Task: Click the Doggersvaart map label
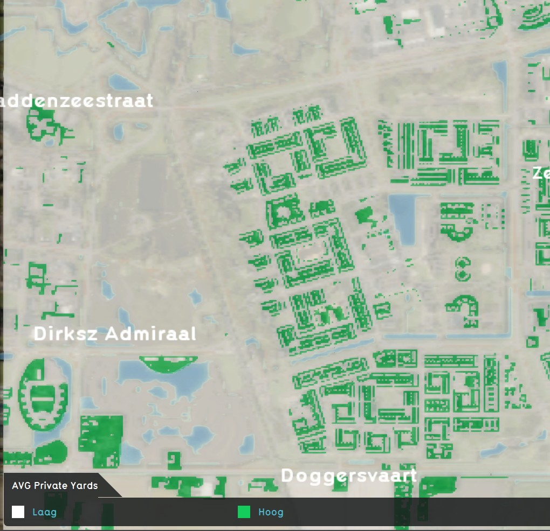[349, 476]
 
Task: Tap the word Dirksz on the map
[66, 334]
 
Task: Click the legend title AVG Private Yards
[55, 486]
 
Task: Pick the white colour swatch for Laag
[18, 512]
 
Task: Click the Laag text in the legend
[44, 512]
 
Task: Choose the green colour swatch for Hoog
[244, 512]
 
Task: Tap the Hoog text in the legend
[271, 512]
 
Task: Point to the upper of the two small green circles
[462, 263]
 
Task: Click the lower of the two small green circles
[462, 275]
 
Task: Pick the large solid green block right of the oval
[101, 439]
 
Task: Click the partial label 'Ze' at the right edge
[540, 173]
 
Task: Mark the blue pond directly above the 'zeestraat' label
[123, 82]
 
